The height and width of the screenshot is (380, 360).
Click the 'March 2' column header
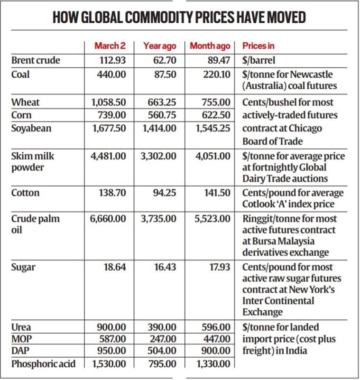pos(110,46)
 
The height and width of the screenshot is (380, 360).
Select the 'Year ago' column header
pos(160,46)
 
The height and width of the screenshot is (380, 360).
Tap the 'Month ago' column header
pos(210,46)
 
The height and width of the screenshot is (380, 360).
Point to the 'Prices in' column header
pos(258,46)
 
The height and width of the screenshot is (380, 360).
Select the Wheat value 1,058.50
pos(109,102)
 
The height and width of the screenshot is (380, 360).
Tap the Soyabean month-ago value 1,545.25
pos(213,128)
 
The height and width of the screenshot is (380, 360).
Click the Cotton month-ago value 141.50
pos(217,193)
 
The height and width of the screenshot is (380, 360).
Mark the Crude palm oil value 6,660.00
pos(109,219)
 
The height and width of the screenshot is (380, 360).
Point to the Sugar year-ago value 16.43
pos(166,267)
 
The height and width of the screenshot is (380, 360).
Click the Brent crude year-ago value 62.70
pos(165,60)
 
